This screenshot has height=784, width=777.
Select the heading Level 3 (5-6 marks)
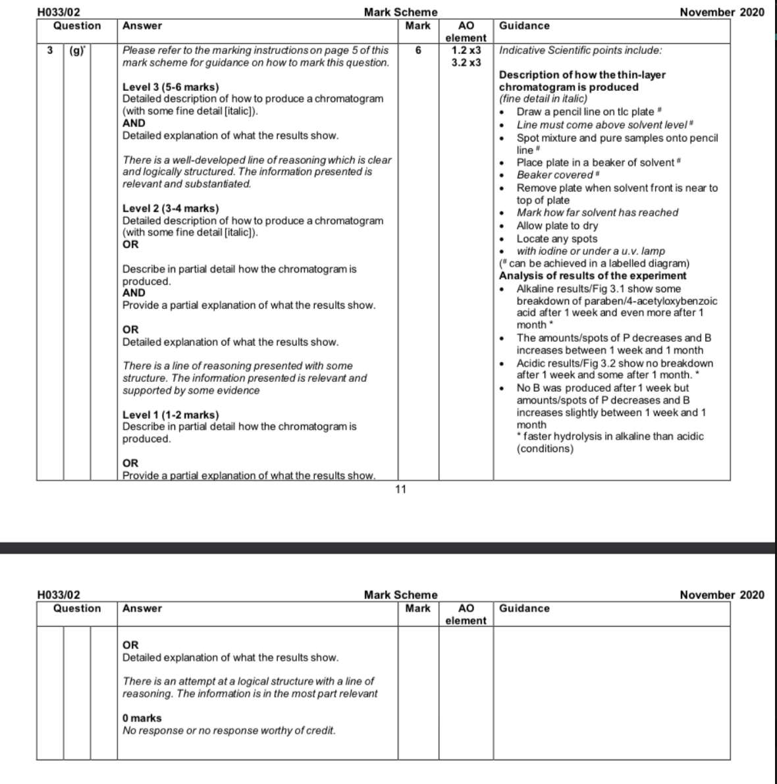tap(171, 87)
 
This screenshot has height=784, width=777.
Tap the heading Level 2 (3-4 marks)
tap(171, 209)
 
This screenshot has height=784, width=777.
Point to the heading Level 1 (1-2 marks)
tap(171, 415)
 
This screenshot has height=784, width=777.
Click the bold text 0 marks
tap(142, 718)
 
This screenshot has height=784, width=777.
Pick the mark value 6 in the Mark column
tap(418, 50)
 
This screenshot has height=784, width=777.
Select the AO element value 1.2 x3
tap(466, 50)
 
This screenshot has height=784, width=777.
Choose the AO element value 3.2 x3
tap(466, 63)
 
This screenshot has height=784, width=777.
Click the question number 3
tap(49, 50)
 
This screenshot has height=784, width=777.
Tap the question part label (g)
tap(76, 50)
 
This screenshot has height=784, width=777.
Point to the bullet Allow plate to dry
tap(557, 226)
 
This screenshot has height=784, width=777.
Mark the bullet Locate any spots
tap(557, 239)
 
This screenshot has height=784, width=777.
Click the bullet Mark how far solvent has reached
tap(597, 213)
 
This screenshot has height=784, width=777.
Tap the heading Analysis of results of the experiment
tap(593, 276)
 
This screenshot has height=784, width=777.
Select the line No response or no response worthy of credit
tap(229, 731)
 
